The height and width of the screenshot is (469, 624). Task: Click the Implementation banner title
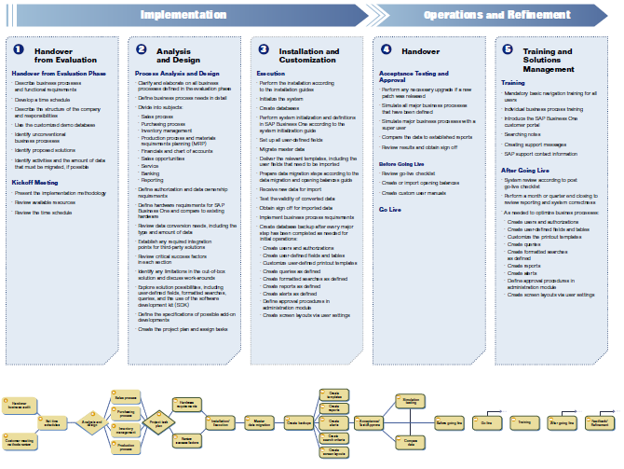[183, 15]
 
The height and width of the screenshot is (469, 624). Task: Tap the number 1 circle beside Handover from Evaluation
[19, 48]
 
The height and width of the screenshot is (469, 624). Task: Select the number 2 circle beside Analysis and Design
[142, 48]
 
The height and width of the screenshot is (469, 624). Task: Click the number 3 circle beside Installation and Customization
[264, 48]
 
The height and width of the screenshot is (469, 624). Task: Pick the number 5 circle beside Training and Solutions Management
[508, 48]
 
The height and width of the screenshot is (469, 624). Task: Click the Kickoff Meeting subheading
[35, 183]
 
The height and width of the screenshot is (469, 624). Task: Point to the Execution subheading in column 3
[271, 73]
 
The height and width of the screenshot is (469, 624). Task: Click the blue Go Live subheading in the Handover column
[389, 210]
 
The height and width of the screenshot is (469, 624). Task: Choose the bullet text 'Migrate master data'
[283, 149]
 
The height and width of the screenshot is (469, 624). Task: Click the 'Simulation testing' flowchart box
[408, 400]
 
